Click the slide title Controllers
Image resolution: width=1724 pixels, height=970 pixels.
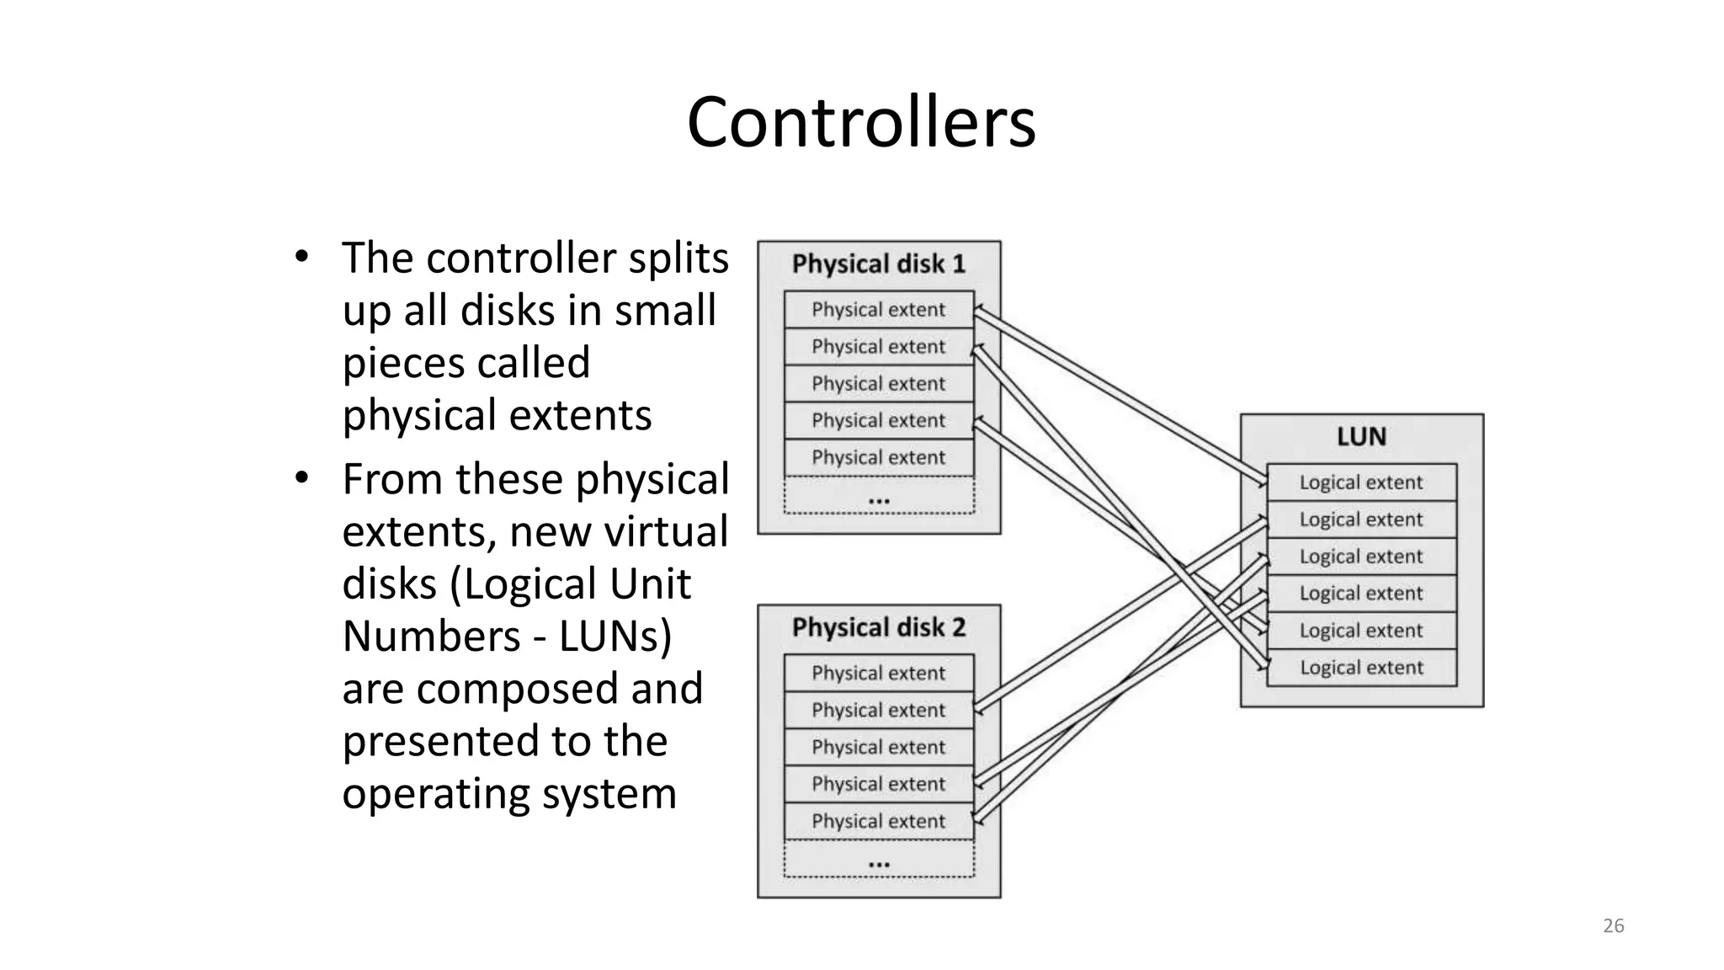point(860,123)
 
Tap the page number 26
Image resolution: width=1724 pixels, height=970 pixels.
point(1613,926)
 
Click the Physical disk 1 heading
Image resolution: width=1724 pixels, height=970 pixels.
point(878,264)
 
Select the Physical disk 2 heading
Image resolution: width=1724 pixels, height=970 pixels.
point(878,628)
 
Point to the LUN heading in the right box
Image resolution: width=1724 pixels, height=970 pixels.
point(1361,437)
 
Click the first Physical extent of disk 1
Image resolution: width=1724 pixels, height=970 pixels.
point(878,310)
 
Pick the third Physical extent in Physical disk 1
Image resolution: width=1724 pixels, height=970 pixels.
point(878,384)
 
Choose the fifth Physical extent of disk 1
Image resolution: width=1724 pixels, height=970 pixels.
point(878,458)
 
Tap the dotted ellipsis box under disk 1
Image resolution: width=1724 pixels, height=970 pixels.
point(878,497)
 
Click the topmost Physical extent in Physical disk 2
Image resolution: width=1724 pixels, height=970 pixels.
point(878,674)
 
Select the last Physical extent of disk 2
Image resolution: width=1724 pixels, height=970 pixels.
point(878,822)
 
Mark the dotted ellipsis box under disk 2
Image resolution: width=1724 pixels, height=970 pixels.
point(878,861)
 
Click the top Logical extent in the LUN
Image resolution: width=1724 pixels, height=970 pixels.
point(1360,482)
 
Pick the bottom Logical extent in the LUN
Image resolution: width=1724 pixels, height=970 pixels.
point(1360,668)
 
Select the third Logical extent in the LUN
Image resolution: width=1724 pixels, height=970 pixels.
point(1360,557)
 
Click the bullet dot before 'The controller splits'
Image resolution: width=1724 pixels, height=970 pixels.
point(301,257)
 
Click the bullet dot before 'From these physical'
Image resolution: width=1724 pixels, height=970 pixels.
point(301,478)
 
